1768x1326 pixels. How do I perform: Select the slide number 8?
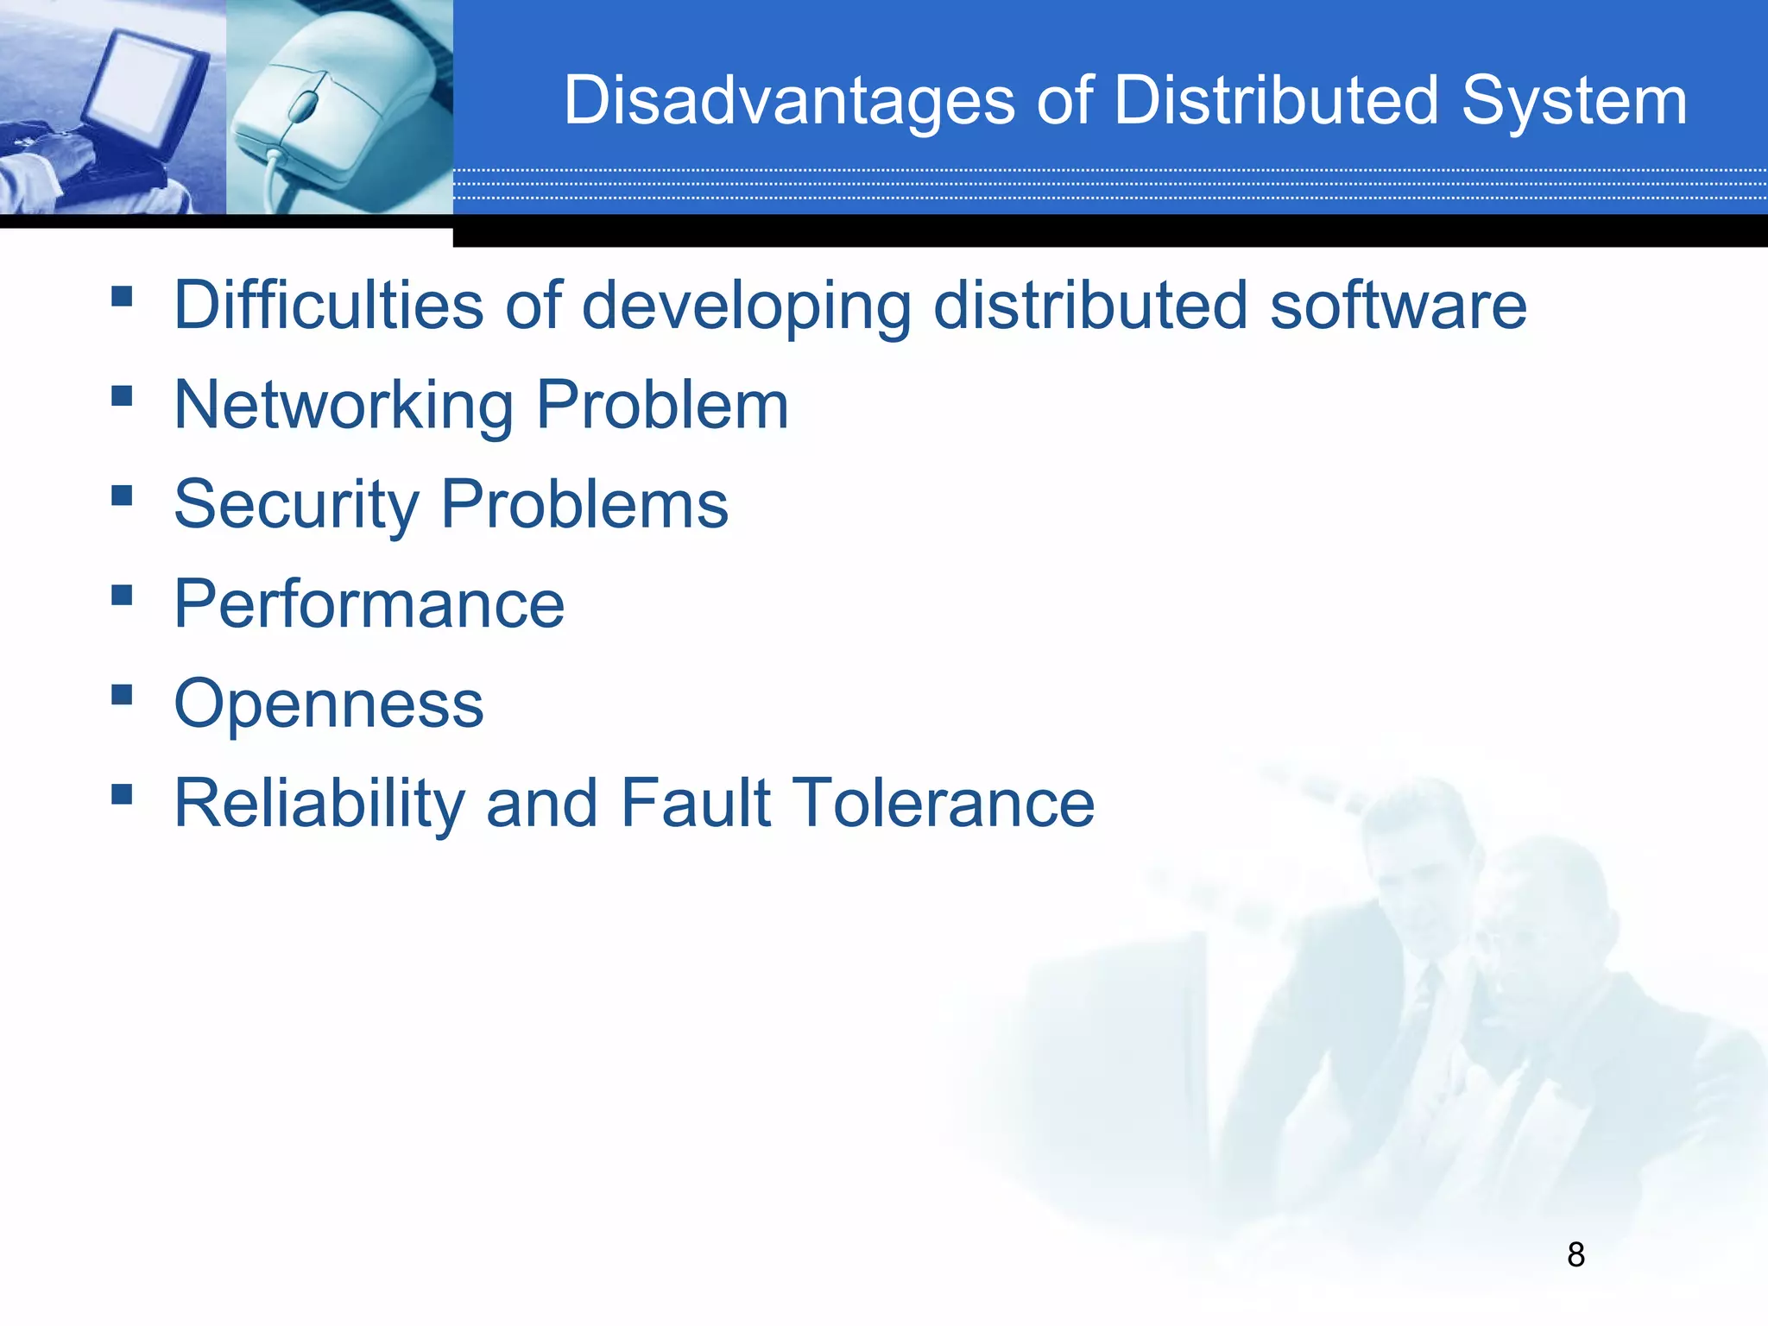[x=1575, y=1254]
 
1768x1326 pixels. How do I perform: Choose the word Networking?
[x=344, y=406]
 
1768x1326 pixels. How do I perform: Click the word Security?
[x=296, y=505]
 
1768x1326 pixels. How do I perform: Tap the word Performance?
[x=369, y=604]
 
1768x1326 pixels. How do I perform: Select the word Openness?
[x=329, y=704]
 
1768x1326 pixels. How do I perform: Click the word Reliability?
[x=320, y=804]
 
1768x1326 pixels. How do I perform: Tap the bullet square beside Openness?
[x=122, y=695]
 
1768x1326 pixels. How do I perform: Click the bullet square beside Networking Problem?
[x=122, y=396]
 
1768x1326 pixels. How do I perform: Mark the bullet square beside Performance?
[x=122, y=596]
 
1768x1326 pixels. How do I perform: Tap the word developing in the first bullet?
[x=747, y=307]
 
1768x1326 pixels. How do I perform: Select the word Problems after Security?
[x=584, y=505]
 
